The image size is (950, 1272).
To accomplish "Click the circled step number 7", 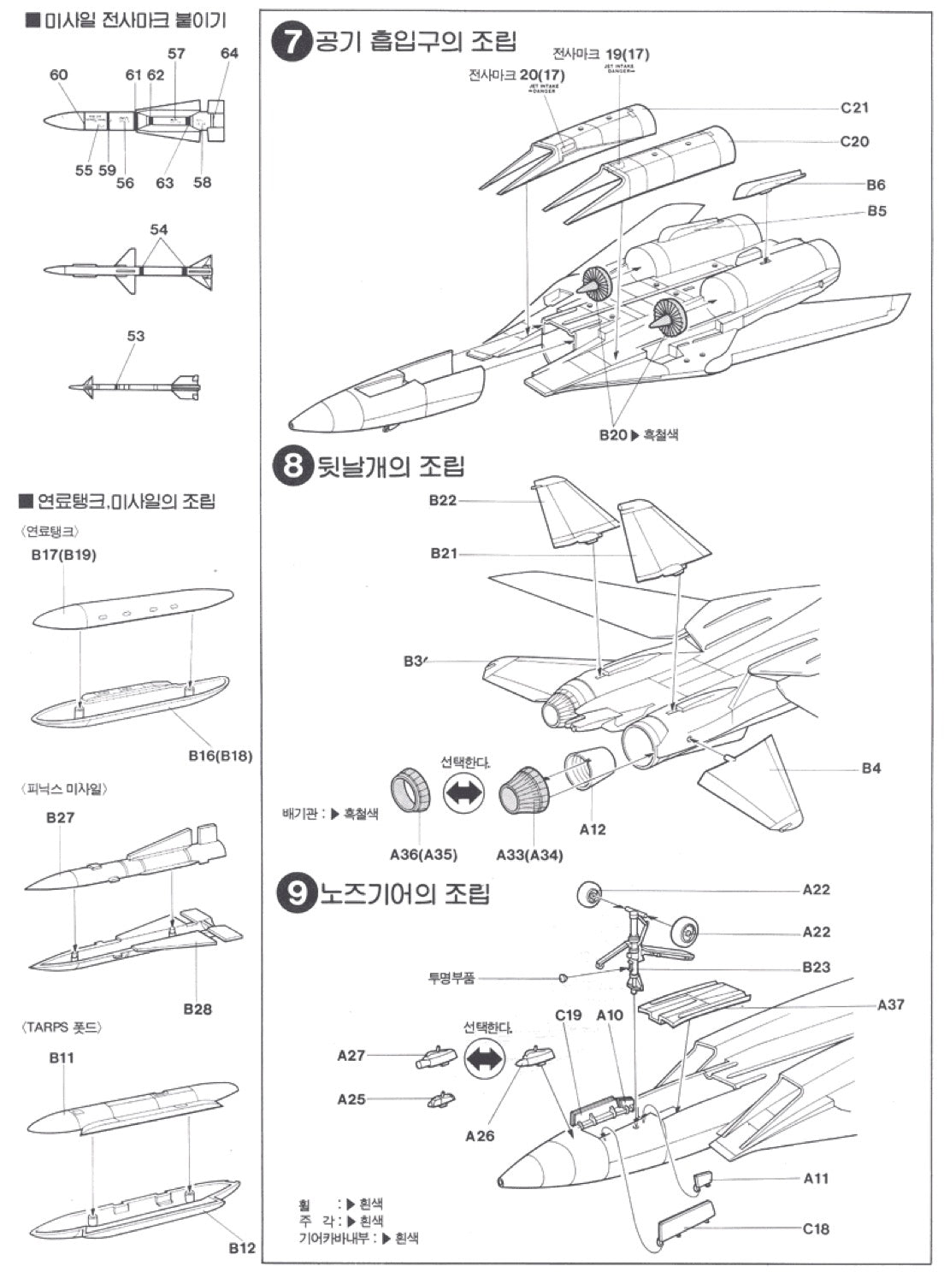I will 292,43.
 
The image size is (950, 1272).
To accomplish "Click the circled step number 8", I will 292,467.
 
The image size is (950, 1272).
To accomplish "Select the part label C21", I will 854,108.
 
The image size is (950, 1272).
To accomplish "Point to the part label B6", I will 876,185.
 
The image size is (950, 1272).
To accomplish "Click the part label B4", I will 870,768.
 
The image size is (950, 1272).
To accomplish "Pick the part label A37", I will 890,1004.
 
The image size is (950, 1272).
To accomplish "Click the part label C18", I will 816,1228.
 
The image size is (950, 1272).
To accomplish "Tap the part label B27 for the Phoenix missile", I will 60,817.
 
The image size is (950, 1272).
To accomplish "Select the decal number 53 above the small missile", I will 136,336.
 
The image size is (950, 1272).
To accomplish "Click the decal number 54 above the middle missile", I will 158,229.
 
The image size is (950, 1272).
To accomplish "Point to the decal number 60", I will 58,75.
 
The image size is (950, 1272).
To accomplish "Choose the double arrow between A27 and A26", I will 484,1059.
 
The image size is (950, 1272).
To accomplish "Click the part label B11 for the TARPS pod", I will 62,1057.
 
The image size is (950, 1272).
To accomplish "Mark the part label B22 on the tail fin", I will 443,500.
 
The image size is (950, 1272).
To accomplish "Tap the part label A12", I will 593,829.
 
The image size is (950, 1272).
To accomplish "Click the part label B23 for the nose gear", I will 816,967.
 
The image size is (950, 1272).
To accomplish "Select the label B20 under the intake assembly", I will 613,434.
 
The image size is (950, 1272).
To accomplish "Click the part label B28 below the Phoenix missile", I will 197,1009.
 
